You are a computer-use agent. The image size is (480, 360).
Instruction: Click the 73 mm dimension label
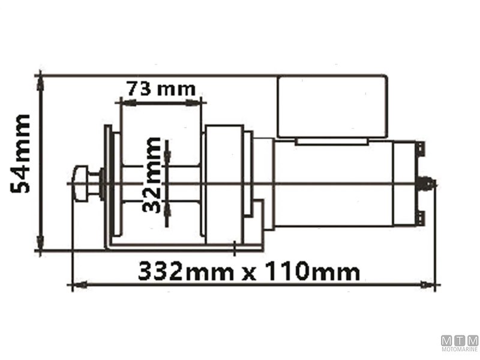[161, 89]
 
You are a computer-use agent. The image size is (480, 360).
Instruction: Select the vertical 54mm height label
[22, 154]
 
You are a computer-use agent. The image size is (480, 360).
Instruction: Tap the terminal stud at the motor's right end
[428, 182]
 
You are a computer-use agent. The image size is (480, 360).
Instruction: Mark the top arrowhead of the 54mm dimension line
[40, 81]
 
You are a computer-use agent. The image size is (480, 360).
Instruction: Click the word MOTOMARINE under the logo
[460, 349]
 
